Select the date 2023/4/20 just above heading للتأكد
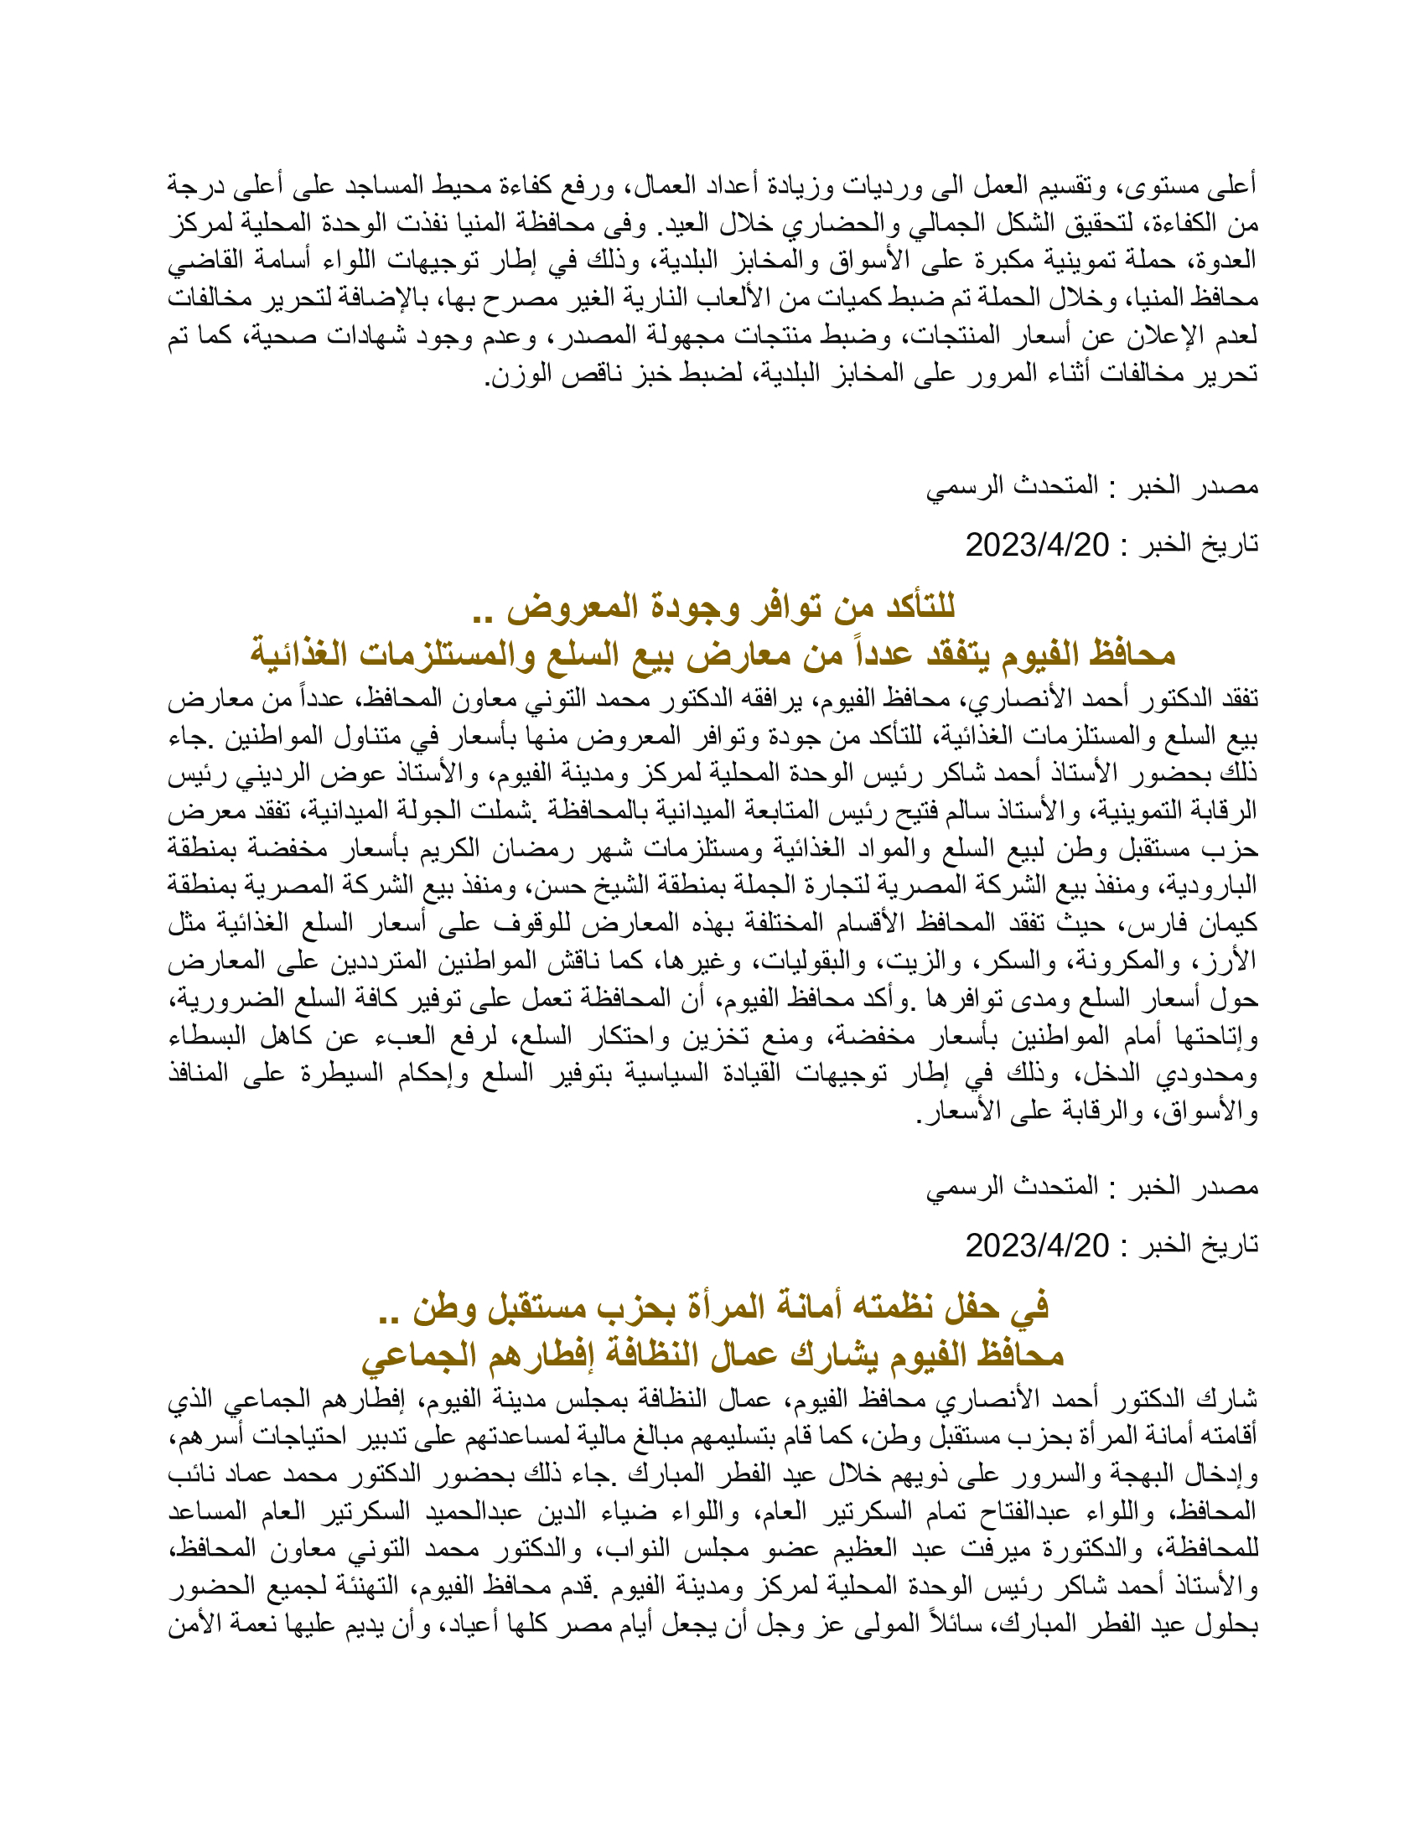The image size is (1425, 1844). point(1037,546)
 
